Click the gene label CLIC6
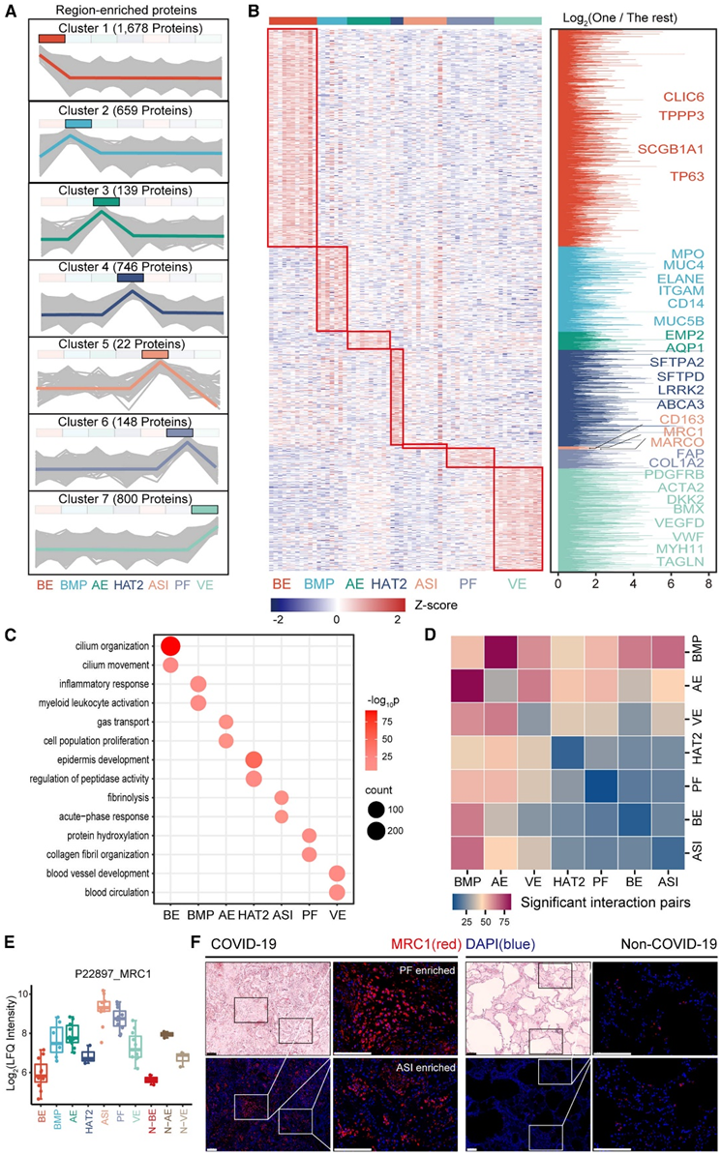click(681, 97)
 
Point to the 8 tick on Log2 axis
click(708, 584)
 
